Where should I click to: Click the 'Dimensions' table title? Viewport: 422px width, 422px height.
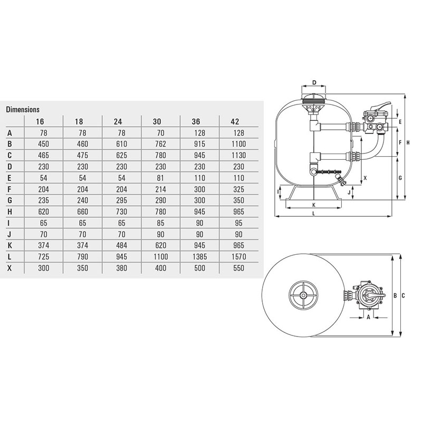click(x=23, y=109)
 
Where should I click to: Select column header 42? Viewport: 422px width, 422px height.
click(x=235, y=122)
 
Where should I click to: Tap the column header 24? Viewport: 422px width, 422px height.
click(x=118, y=122)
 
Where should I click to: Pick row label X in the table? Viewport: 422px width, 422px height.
click(x=9, y=268)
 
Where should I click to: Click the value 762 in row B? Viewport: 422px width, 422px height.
click(x=161, y=144)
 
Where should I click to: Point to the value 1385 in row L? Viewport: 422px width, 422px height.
click(x=200, y=257)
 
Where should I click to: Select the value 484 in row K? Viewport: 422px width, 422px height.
click(x=122, y=245)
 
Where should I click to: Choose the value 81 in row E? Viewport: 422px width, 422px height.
click(x=161, y=178)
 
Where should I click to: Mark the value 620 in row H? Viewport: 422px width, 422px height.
click(x=44, y=212)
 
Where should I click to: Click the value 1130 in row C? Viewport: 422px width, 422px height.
click(x=239, y=155)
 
